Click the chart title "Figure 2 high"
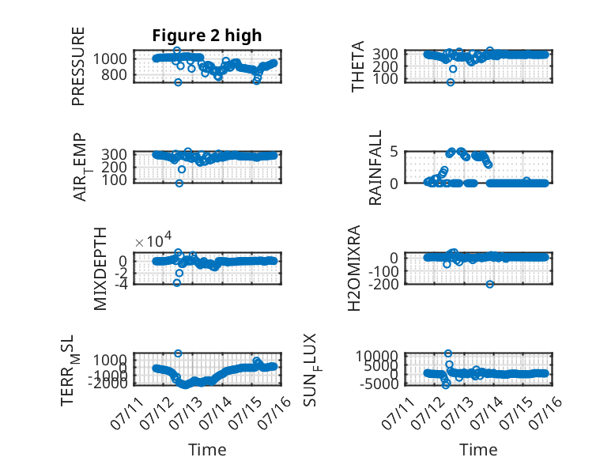[x=206, y=36]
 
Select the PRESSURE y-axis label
[x=78, y=66]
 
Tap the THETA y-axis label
[x=358, y=66]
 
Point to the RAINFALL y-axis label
[x=375, y=168]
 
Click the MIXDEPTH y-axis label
[x=100, y=269]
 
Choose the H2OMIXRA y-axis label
[x=354, y=268]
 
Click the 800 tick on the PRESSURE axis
[x=114, y=74]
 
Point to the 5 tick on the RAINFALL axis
[x=394, y=152]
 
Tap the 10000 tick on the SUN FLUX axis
[x=377, y=356]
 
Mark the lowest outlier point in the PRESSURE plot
[x=178, y=82]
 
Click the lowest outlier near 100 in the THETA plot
[x=451, y=82]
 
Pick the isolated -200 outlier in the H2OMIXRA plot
[x=490, y=285]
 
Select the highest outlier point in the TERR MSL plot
[x=178, y=353]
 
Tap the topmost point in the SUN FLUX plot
[x=448, y=353]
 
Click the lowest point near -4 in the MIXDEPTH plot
[x=177, y=283]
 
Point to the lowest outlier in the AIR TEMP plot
[x=179, y=183]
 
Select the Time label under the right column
[x=478, y=450]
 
